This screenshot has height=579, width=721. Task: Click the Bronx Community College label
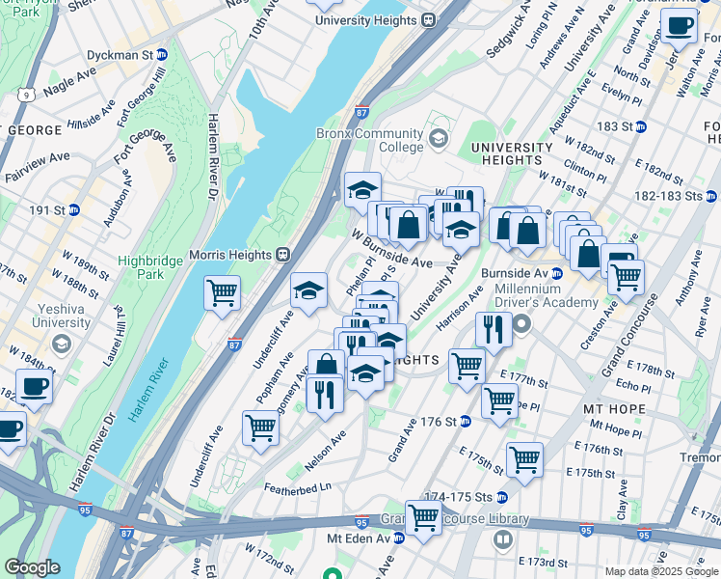370,140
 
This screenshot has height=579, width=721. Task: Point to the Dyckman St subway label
123,55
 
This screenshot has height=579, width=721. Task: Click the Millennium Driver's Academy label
545,295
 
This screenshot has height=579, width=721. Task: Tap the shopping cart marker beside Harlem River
222,292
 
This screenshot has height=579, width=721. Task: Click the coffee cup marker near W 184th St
34,386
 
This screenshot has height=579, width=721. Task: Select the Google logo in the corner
32,567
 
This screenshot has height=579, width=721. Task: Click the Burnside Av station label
528,273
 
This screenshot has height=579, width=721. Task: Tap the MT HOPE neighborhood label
613,409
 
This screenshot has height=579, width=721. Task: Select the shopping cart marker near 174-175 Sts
523,459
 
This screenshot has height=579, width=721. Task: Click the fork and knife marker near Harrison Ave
493,330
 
